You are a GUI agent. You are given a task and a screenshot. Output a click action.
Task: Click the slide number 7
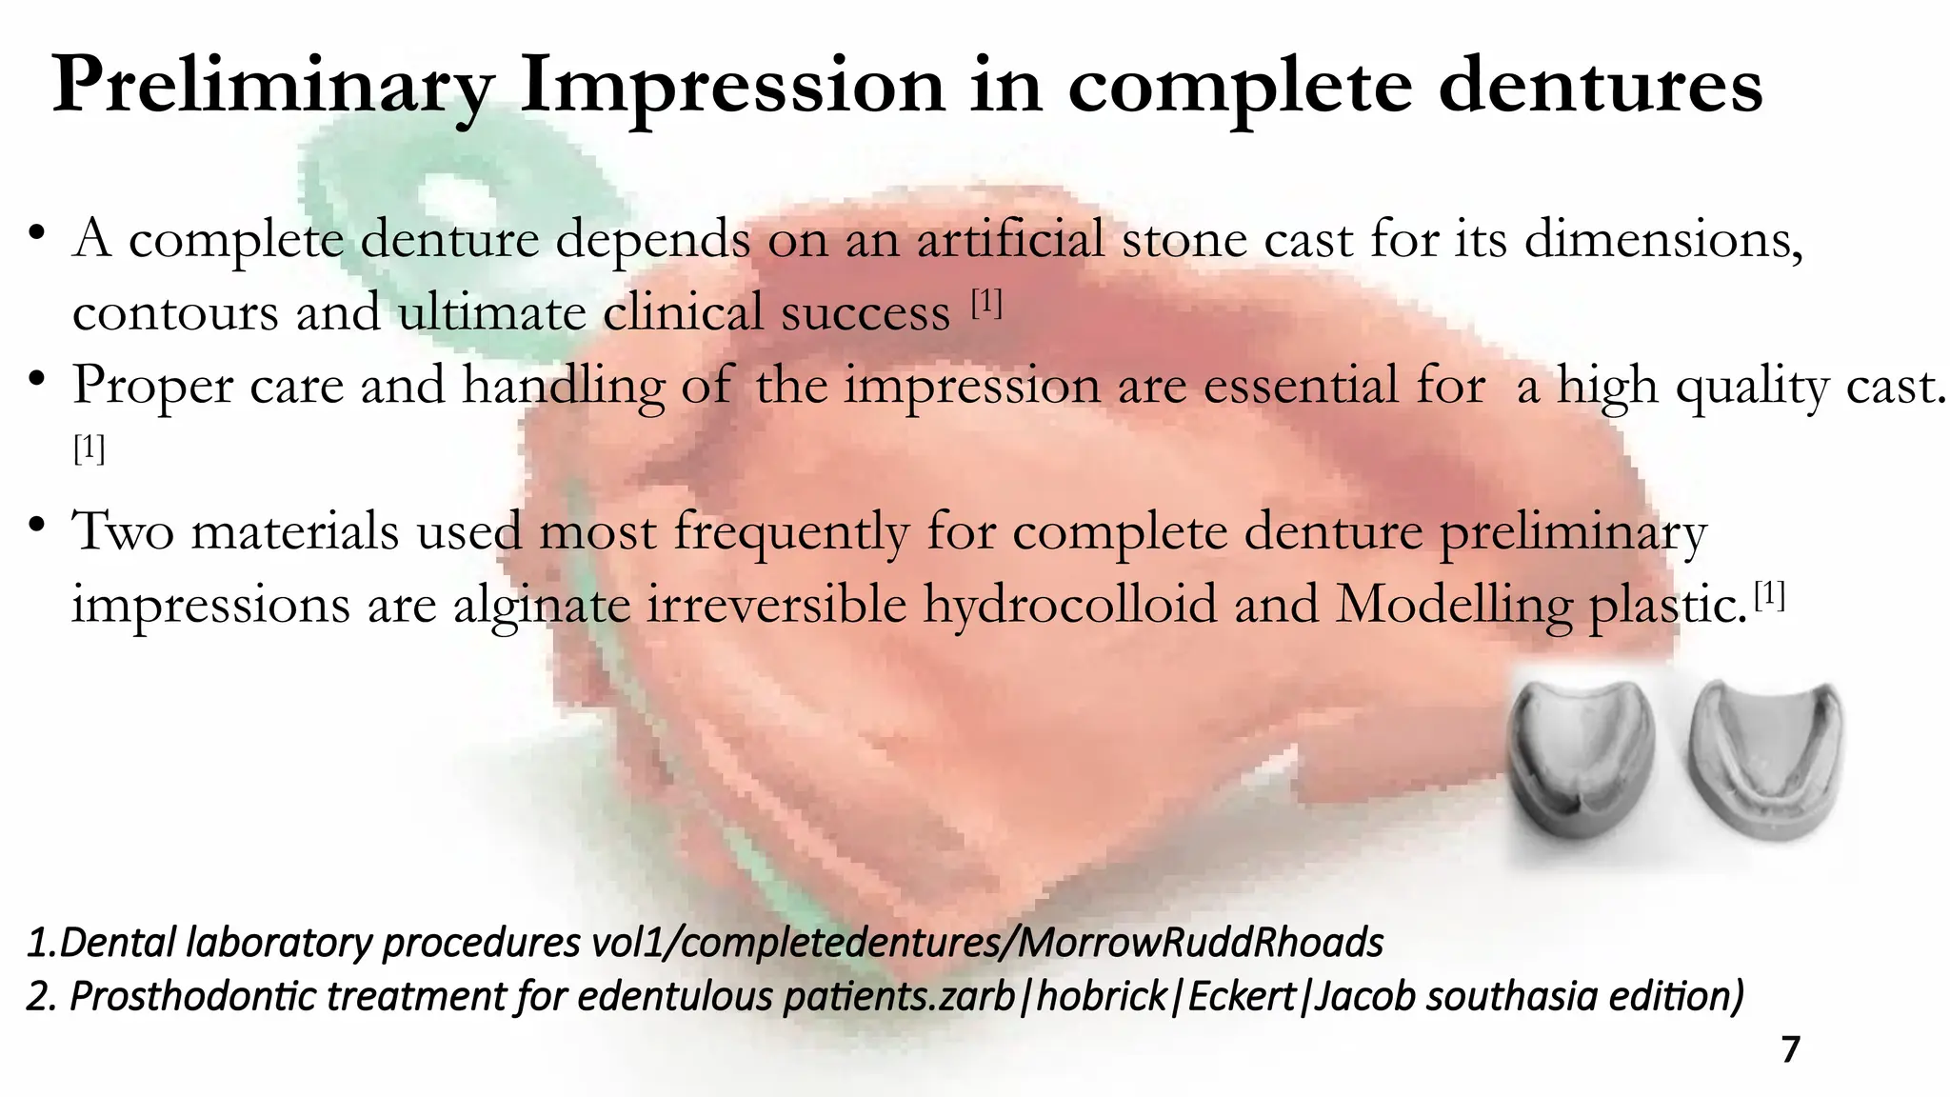coord(1790,1050)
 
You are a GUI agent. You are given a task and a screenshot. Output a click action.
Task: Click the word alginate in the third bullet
coord(541,605)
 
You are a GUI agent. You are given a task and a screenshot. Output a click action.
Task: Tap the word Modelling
coord(1453,605)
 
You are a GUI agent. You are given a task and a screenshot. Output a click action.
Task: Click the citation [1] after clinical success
coord(986,304)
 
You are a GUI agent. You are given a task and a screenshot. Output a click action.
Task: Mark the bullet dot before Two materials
coord(36,526)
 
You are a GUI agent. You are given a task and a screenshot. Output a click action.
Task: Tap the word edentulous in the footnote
coord(674,997)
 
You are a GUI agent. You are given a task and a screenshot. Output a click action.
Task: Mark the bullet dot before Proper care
coord(36,379)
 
